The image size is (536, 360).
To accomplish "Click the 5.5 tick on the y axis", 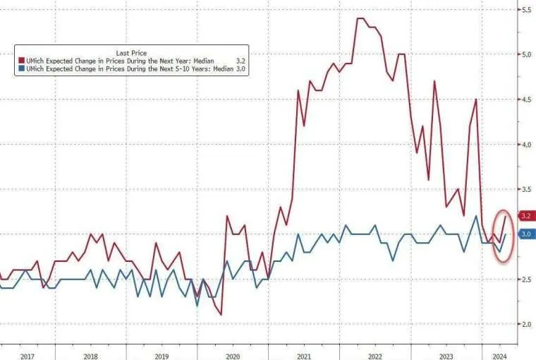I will [x=526, y=10].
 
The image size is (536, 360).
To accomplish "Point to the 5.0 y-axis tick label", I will [x=526, y=54].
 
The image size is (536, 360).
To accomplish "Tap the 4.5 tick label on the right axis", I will [x=526, y=100].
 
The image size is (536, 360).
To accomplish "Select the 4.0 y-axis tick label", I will [x=526, y=145].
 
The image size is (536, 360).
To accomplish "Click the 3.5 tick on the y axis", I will [x=526, y=190].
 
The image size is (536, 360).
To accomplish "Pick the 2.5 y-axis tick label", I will [x=526, y=280].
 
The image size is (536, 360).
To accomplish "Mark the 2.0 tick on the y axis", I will [x=526, y=325].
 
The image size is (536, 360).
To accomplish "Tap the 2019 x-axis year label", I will [x=161, y=356].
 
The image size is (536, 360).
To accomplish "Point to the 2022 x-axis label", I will [x=374, y=356].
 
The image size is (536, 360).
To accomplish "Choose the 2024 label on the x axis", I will [x=498, y=356].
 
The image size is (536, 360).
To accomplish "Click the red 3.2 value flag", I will [x=526, y=215].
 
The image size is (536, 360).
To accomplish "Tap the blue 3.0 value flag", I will [x=526, y=234].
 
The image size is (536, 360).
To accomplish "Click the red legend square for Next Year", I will [x=22, y=61].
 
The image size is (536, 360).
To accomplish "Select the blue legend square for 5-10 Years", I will [x=22, y=69].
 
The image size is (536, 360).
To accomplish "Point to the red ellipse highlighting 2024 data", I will [x=502, y=236].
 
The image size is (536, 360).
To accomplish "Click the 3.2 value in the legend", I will [x=240, y=61].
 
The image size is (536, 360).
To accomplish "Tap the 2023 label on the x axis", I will [x=446, y=356].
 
